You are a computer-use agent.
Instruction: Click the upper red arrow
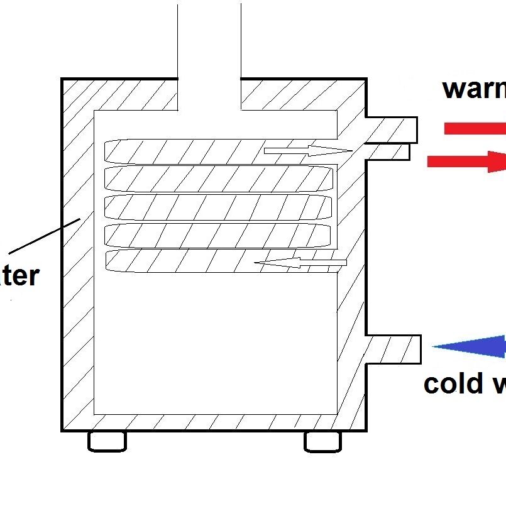475,128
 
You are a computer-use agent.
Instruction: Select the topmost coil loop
189,151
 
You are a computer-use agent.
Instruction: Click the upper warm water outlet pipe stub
392,130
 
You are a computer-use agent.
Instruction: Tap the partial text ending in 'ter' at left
19,276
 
